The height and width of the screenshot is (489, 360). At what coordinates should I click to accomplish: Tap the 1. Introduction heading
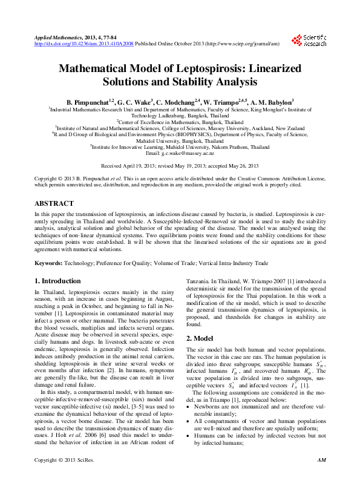pos(57,281)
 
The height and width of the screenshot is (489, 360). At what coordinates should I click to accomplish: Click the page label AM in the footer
pos(321,478)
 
